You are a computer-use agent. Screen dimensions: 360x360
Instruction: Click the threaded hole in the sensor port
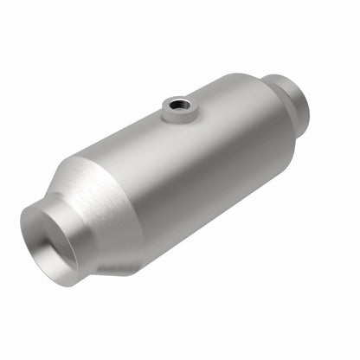pyautogui.click(x=178, y=106)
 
